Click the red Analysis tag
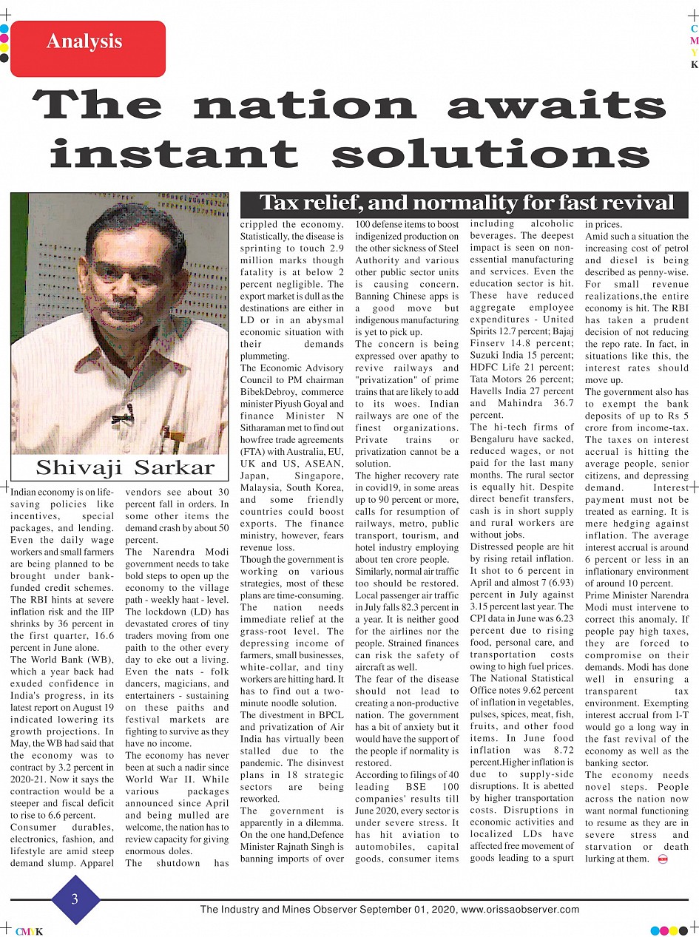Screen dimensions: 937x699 (x=84, y=41)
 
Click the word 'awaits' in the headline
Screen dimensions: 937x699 (x=556, y=105)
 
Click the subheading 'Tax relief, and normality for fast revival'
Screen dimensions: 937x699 (x=467, y=203)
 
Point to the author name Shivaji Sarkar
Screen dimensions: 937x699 (x=125, y=467)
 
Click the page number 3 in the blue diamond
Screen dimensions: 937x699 (x=75, y=899)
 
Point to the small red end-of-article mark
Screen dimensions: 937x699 (x=662, y=859)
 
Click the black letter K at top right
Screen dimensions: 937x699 (x=694, y=65)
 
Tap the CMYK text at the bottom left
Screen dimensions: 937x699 (x=29, y=932)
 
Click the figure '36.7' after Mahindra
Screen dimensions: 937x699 (x=558, y=403)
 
